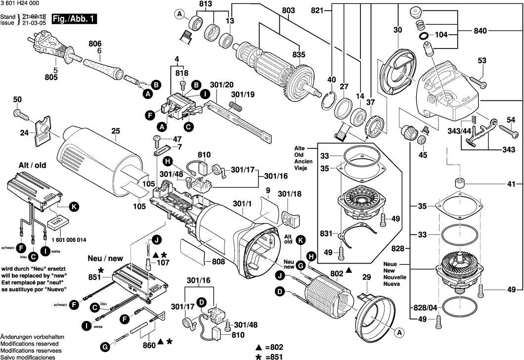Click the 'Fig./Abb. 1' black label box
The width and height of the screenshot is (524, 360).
tap(75, 19)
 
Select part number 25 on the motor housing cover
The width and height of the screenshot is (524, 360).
tap(116, 132)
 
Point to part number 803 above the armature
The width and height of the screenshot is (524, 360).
tap(288, 10)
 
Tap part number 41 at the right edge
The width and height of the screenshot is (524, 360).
tap(511, 183)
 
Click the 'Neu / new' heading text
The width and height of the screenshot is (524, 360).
tap(105, 259)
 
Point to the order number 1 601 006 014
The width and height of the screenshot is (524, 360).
tap(69, 240)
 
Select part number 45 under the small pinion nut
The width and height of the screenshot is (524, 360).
tap(423, 154)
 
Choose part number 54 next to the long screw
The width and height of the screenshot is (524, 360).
tap(511, 120)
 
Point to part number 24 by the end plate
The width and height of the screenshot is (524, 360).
tap(24, 132)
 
